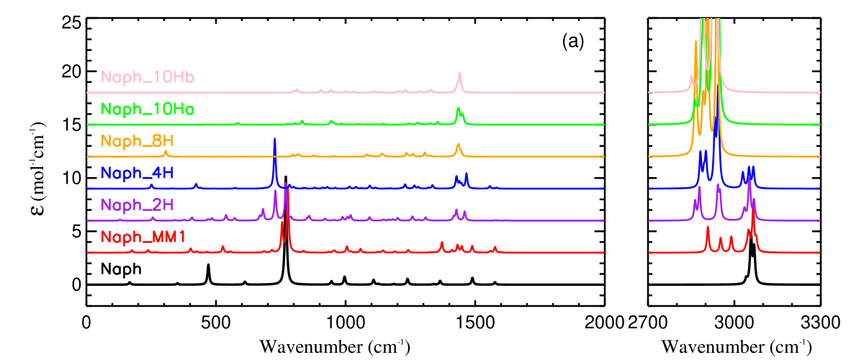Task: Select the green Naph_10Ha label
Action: pyautogui.click(x=148, y=109)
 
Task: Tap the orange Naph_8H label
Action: pyautogui.click(x=138, y=141)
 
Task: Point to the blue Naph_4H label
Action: pyautogui.click(x=138, y=174)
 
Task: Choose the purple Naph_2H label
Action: pyautogui.click(x=138, y=205)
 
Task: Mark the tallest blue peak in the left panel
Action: pyautogui.click(x=275, y=140)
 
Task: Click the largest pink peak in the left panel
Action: pyautogui.click(x=459, y=75)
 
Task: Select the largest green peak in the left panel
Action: pyautogui.click(x=458, y=109)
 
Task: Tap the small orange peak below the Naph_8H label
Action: pyautogui.click(x=166, y=152)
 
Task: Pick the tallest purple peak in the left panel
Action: pyautogui.click(x=286, y=185)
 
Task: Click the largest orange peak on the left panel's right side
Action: pyautogui.click(x=458, y=145)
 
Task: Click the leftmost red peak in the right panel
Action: pyautogui.click(x=708, y=228)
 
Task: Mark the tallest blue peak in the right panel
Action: pyautogui.click(x=715, y=130)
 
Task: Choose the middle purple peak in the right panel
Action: pyautogui.click(x=719, y=186)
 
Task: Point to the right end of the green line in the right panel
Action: pyautogui.click(x=820, y=125)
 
